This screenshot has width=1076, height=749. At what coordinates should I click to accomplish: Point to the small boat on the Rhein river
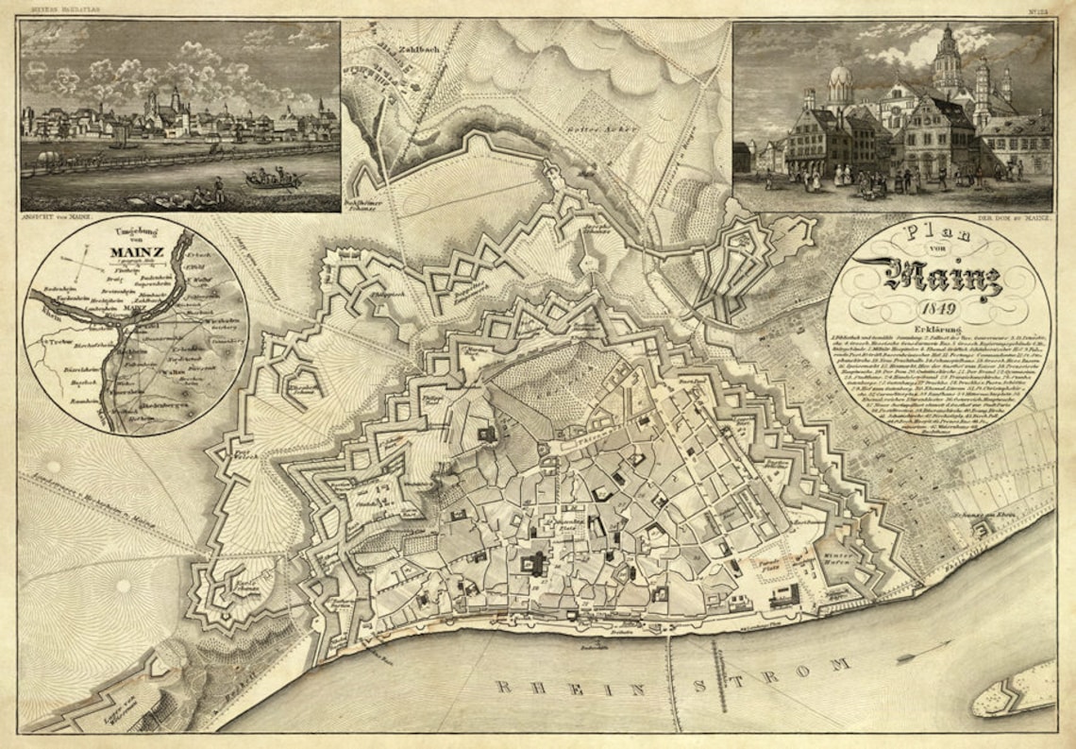[911, 655]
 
